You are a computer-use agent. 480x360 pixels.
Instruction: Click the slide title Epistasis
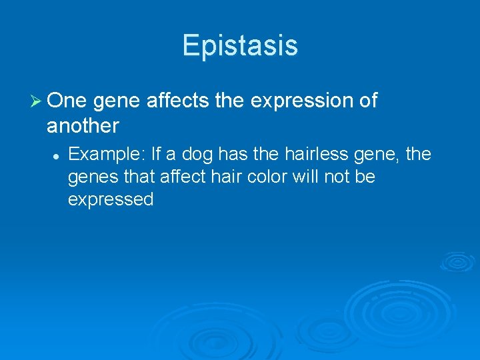(x=240, y=45)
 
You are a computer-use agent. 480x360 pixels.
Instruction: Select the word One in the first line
(x=68, y=101)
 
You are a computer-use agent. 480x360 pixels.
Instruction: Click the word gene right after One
(x=117, y=102)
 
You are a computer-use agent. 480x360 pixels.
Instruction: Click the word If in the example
(x=157, y=155)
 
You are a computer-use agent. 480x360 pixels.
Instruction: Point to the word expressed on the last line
(x=111, y=200)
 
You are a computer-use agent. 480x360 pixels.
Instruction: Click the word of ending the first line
(x=368, y=101)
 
